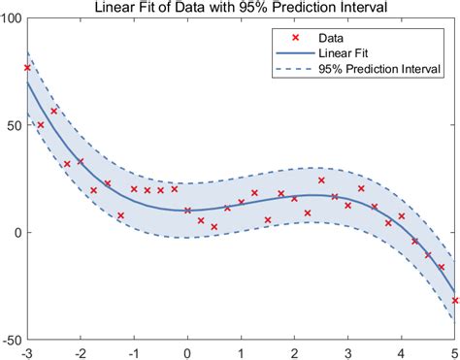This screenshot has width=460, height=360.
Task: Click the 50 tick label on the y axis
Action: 15,127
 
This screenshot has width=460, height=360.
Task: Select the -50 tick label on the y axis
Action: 12,341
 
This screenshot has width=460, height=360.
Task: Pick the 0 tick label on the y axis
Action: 18,234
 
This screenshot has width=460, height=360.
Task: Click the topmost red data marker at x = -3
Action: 27,68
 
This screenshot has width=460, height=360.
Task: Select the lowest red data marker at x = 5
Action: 454,301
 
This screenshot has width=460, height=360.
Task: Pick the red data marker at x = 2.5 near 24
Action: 321,180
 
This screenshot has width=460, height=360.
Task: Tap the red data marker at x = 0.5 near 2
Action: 214,227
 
